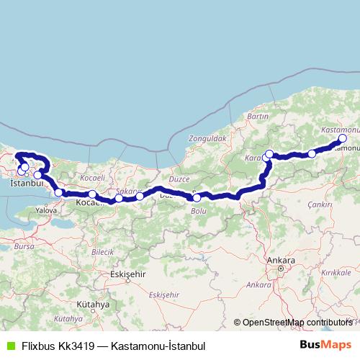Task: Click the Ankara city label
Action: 276,259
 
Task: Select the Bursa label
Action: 24,246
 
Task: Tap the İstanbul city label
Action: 27,184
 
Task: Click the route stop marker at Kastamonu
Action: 342,138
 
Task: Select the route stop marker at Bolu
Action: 197,197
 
